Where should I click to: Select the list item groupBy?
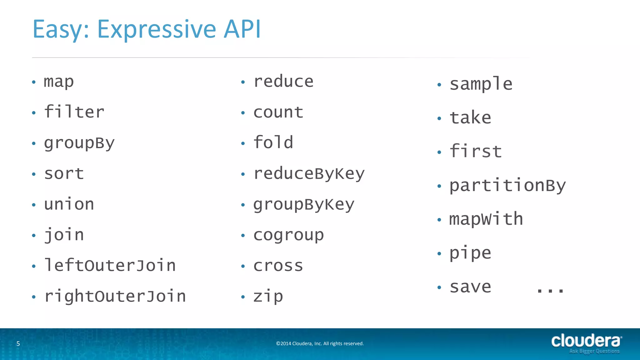(x=79, y=143)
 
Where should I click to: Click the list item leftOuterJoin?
(x=110, y=266)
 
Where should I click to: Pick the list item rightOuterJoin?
(x=115, y=296)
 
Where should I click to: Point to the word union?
(x=69, y=204)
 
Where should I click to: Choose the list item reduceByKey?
(x=309, y=174)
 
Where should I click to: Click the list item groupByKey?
(x=304, y=205)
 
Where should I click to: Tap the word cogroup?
(x=288, y=235)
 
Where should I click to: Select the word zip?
(x=268, y=296)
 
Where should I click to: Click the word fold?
(x=273, y=142)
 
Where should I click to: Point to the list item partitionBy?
(x=507, y=186)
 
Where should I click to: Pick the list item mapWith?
(x=486, y=219)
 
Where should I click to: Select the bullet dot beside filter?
(x=34, y=113)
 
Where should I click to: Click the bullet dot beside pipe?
(x=439, y=253)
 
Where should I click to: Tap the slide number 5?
(x=18, y=344)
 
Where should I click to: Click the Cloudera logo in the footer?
(x=586, y=343)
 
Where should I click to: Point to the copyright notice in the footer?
(x=320, y=343)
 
